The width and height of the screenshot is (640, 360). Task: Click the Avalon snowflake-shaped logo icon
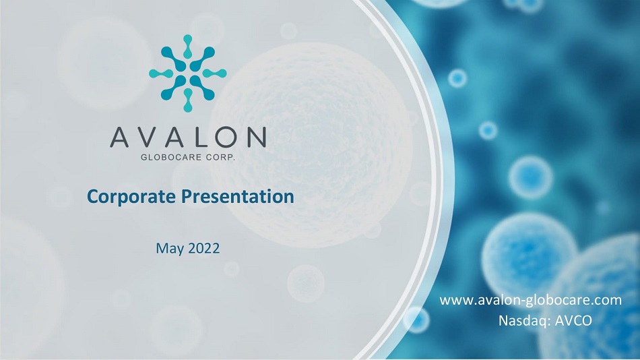[x=188, y=73]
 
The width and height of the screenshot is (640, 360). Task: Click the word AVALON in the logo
[x=188, y=137]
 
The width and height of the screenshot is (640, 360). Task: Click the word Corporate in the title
[x=131, y=197]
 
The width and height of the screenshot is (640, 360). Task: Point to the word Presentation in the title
[x=238, y=196]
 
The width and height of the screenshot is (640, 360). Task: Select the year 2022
[x=204, y=248]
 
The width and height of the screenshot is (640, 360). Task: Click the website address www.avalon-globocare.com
[x=531, y=300]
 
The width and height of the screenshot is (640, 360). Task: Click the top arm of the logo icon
[x=188, y=46]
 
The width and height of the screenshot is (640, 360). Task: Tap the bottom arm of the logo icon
[x=188, y=100]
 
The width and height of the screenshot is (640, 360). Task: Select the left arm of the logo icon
[x=161, y=73]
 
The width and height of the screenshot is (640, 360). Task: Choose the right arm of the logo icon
[x=215, y=73]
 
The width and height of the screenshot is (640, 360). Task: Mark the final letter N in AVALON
[x=257, y=137]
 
